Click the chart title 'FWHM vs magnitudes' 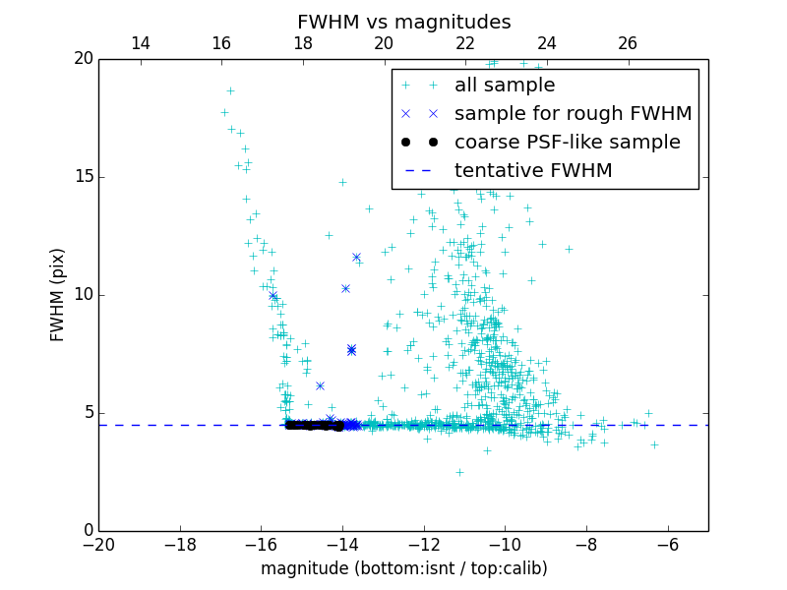point(403,22)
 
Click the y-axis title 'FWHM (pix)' point(58,295)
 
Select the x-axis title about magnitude point(403,568)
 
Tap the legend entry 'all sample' point(505,86)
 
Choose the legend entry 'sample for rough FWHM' point(573,114)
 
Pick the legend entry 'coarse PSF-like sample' point(567,143)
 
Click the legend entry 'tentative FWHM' point(533,171)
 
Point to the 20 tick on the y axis point(82,59)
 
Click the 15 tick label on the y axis point(82,177)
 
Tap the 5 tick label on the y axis point(87,413)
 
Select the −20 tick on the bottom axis point(98,544)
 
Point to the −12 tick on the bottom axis point(423,544)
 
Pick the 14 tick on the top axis point(140,43)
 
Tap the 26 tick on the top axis point(628,43)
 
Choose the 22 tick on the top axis point(465,43)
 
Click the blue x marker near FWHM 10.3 point(345,288)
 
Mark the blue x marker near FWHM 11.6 point(356,257)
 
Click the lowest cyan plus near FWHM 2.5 point(459,472)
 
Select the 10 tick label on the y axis point(82,295)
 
